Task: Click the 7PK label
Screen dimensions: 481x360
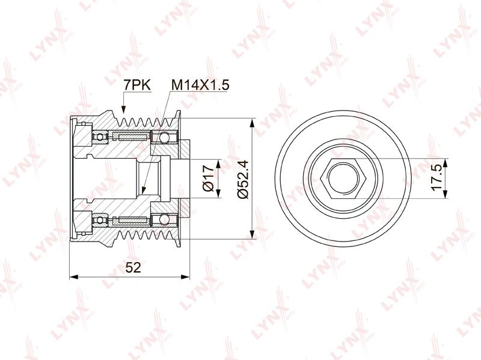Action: (x=137, y=85)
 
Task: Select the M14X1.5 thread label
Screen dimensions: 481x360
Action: (x=200, y=85)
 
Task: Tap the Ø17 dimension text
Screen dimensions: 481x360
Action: (x=208, y=178)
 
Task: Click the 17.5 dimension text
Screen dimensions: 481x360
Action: (x=437, y=178)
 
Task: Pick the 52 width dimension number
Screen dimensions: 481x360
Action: (x=133, y=267)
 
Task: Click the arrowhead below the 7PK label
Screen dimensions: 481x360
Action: (x=123, y=110)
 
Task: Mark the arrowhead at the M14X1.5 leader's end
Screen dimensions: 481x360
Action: (x=144, y=191)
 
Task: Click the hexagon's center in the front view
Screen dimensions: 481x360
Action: (x=342, y=178)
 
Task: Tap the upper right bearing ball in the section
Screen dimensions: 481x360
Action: (x=164, y=136)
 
